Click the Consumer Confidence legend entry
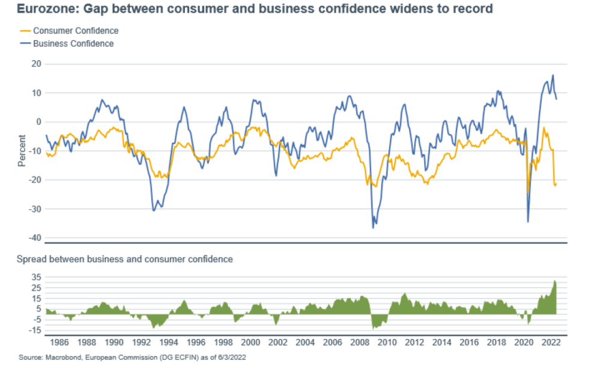(x=76, y=31)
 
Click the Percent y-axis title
(x=22, y=150)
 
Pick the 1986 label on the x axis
(x=59, y=343)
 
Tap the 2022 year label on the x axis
(x=552, y=343)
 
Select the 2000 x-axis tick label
(x=251, y=343)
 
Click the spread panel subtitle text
(x=124, y=260)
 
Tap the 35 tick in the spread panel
(x=35, y=278)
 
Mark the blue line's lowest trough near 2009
(x=373, y=228)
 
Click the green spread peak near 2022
(x=555, y=281)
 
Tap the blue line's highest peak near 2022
(x=553, y=75)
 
